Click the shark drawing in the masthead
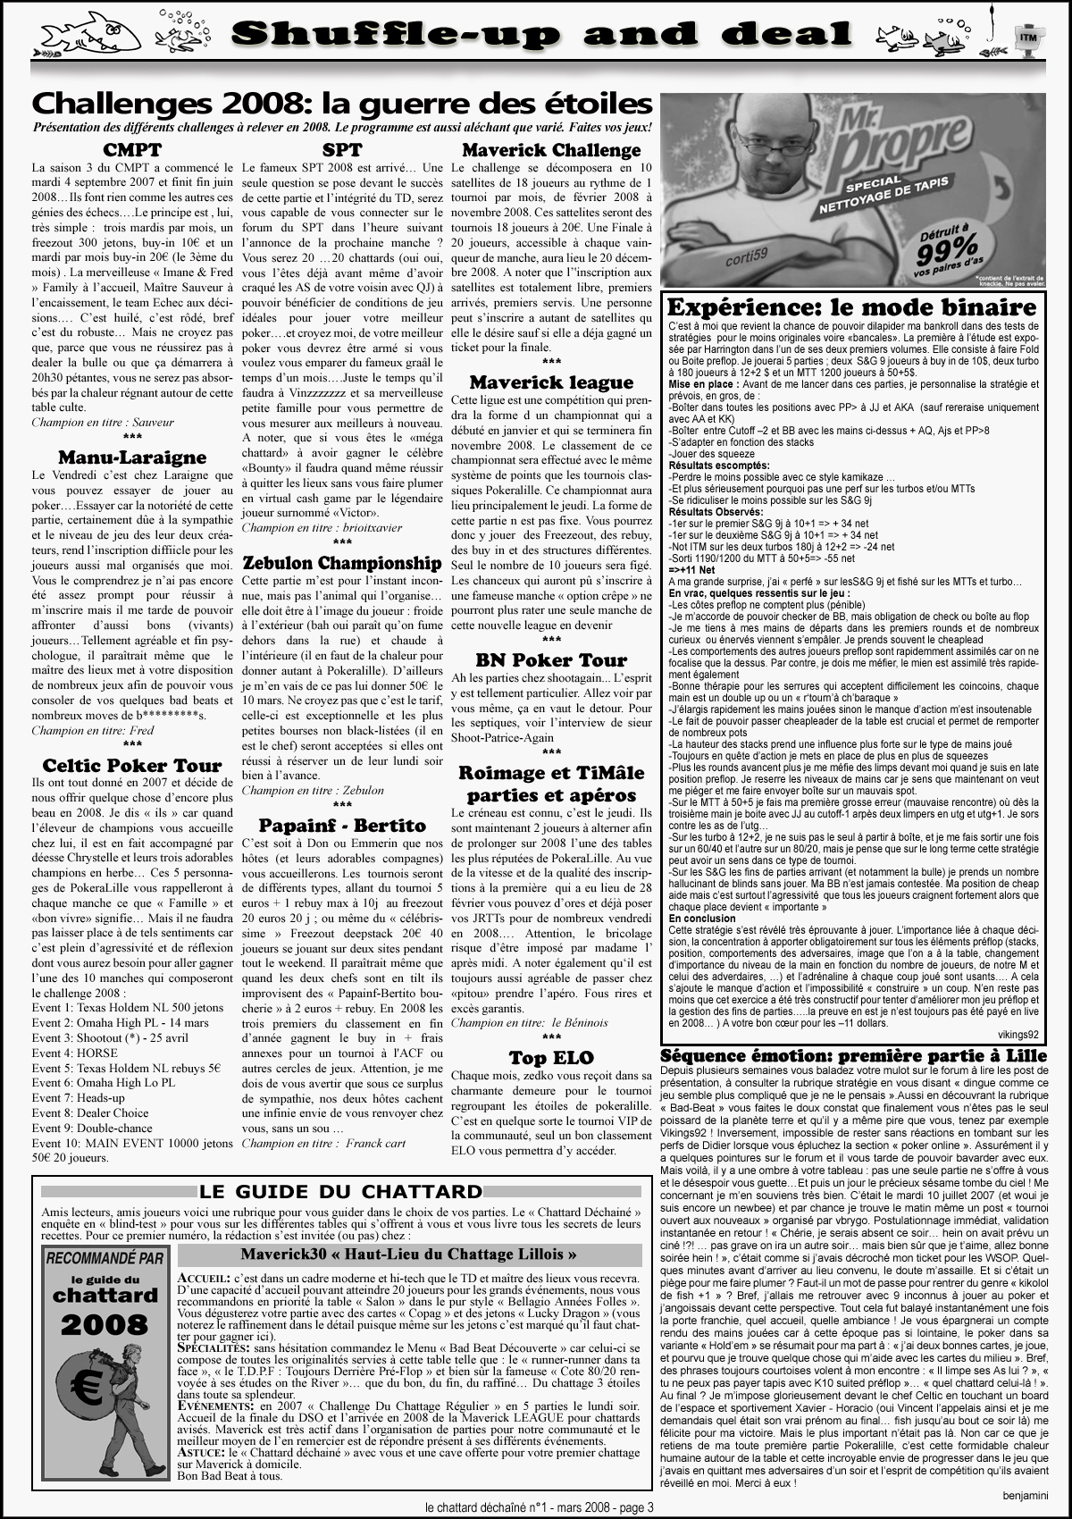tap(89, 34)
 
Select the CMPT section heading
tap(132, 149)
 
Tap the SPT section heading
tap(342, 149)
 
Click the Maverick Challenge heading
tap(551, 149)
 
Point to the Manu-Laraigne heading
tap(132, 458)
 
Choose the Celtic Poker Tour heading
tap(132, 765)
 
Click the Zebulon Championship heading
tap(342, 563)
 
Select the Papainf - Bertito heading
tap(342, 825)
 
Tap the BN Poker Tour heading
tap(551, 660)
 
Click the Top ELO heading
tap(551, 1058)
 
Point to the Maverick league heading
tap(551, 382)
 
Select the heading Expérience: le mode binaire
tap(852, 307)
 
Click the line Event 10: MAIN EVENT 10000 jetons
tap(132, 1142)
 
